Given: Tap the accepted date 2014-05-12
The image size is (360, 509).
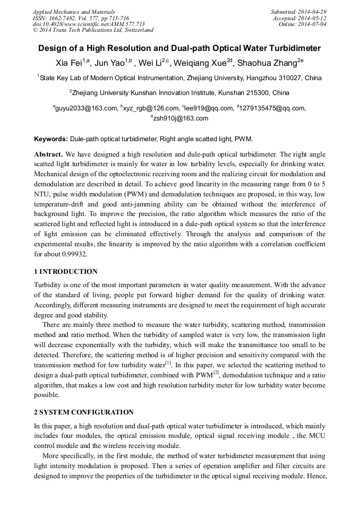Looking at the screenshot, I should (314, 18).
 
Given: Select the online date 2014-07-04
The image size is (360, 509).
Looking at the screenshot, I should (314, 24).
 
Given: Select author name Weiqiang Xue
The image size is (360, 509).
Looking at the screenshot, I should (201, 64).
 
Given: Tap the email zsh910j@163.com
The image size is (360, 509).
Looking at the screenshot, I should (181, 118).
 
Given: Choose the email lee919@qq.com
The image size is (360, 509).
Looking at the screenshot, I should (208, 108).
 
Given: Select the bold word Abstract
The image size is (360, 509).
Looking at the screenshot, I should (48, 154).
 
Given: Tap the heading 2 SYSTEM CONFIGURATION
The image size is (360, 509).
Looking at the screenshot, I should (84, 412).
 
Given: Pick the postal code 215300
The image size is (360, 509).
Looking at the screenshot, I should (256, 93).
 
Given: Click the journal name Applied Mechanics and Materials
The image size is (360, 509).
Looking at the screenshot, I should (74, 12).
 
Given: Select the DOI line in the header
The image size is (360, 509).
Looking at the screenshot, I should (89, 24).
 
